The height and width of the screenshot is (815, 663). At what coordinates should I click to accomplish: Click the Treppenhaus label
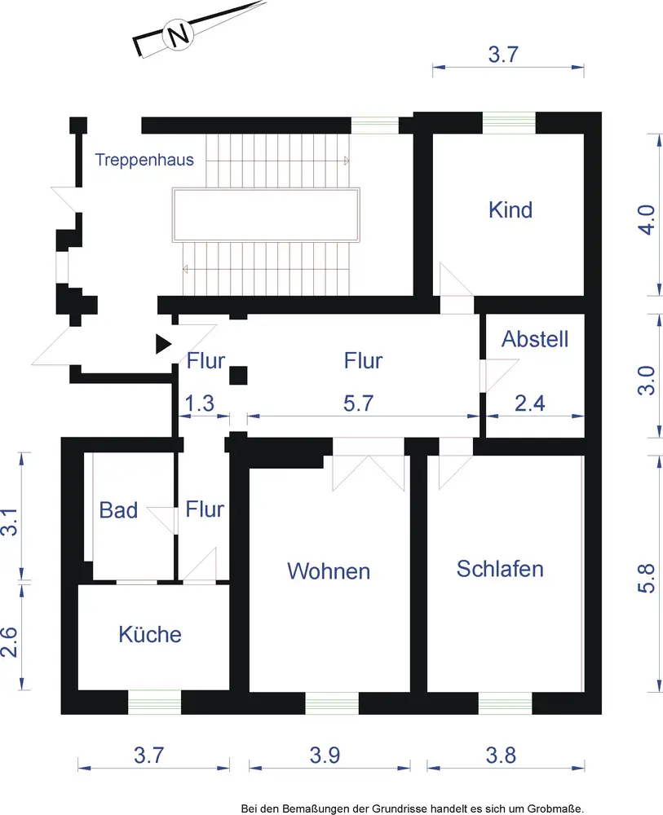144,160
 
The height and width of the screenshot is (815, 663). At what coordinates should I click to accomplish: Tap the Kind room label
511,210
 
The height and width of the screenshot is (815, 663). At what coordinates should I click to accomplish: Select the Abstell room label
535,339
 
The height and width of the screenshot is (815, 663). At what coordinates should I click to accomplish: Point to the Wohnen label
329,571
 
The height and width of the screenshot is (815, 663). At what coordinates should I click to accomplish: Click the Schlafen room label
500,569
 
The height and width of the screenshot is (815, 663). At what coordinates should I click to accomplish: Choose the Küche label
150,634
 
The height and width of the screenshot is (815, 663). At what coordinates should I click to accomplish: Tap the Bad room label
118,510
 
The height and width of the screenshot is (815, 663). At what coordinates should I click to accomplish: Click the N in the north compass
178,35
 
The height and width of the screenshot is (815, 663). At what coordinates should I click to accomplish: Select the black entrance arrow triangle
164,344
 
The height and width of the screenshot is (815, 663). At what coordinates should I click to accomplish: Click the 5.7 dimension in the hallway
358,403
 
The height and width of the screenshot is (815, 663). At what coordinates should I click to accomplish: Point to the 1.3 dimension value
200,403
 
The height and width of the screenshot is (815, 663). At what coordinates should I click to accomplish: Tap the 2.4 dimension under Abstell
530,403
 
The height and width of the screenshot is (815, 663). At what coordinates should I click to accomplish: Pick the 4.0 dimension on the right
647,220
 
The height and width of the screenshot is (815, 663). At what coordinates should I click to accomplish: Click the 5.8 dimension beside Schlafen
647,579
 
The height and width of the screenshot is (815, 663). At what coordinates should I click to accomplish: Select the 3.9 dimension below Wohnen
325,756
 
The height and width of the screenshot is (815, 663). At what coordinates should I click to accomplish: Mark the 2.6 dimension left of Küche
9,642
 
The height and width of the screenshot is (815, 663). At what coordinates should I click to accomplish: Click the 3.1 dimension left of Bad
9,522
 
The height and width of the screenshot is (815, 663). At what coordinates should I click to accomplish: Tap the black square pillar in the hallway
238,375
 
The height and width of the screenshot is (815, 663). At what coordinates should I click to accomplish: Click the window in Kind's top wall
509,123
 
